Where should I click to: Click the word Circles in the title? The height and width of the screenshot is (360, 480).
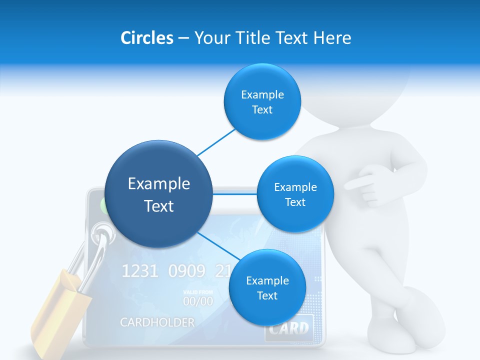146,38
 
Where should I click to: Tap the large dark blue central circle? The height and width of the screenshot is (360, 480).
158,194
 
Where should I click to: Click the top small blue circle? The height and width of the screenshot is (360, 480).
262,102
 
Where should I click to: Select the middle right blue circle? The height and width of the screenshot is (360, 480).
295,194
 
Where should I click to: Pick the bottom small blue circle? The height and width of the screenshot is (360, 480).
267,287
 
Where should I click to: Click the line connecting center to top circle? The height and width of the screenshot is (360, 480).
216,142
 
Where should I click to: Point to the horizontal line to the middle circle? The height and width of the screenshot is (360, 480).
234,194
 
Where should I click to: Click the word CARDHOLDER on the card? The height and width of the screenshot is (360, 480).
157,322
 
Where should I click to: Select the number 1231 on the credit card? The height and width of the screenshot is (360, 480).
140,271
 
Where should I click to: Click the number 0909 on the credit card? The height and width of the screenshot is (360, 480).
186,271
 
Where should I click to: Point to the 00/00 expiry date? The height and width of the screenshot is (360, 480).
197,301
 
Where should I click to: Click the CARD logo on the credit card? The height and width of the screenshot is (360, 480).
289,328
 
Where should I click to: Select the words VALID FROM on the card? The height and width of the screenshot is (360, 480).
197,292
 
